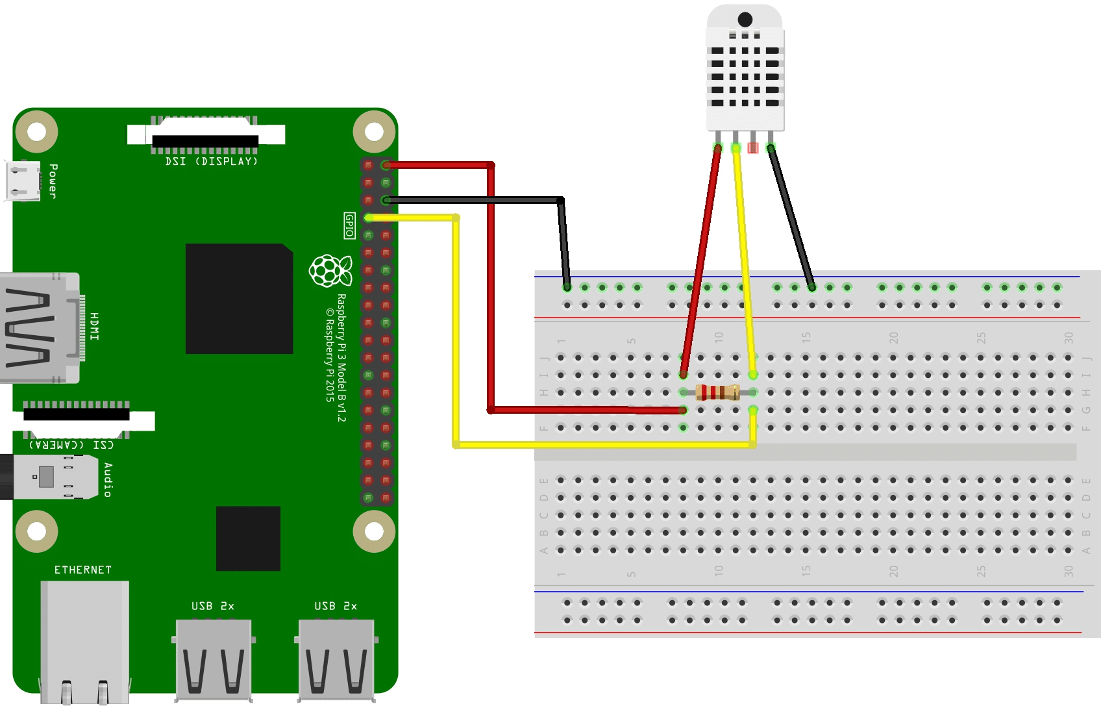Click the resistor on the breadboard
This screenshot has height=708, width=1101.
pyautogui.click(x=717, y=392)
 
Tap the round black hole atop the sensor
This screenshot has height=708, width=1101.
pyautogui.click(x=745, y=19)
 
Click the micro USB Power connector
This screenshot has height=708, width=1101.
pyautogui.click(x=23, y=181)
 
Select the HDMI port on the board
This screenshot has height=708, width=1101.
pyautogui.click(x=40, y=328)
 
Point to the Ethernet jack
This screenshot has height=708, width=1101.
pyautogui.click(x=84, y=640)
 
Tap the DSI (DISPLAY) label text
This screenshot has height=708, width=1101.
pyautogui.click(x=212, y=162)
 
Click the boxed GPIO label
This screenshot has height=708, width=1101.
pyautogui.click(x=349, y=225)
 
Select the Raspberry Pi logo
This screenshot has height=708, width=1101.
pyautogui.click(x=330, y=270)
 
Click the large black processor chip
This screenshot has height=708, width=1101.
pyautogui.click(x=239, y=299)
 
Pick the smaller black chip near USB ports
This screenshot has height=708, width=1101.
pyautogui.click(x=248, y=538)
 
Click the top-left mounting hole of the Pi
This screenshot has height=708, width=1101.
pyautogui.click(x=36, y=131)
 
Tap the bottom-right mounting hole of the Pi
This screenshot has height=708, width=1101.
pyautogui.click(x=374, y=531)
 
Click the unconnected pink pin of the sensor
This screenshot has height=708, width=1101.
pyautogui.click(x=753, y=148)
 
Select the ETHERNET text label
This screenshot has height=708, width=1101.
pyautogui.click(x=83, y=570)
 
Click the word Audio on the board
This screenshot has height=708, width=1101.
pyautogui.click(x=108, y=480)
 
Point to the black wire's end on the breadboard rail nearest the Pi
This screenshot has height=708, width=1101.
pyautogui.click(x=567, y=286)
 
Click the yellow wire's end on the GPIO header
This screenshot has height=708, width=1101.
pyautogui.click(x=369, y=218)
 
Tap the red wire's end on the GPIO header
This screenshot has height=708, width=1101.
pyautogui.click(x=386, y=165)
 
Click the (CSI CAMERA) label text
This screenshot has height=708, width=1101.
pyautogui.click(x=71, y=445)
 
